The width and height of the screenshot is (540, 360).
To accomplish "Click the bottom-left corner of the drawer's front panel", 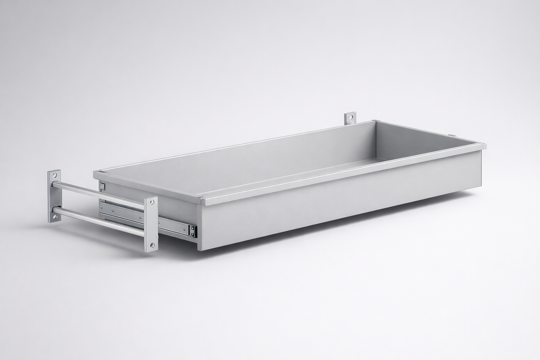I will (199, 250).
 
